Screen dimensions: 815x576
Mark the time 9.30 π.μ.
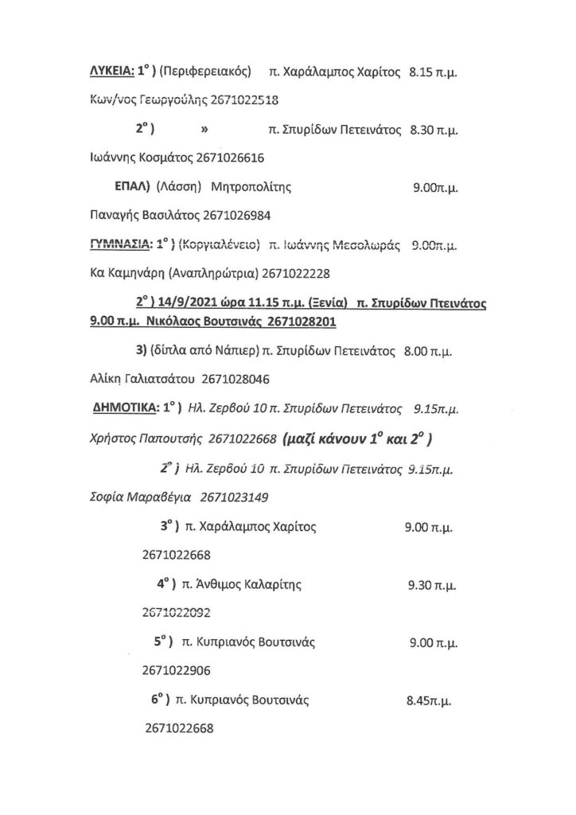(x=431, y=585)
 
